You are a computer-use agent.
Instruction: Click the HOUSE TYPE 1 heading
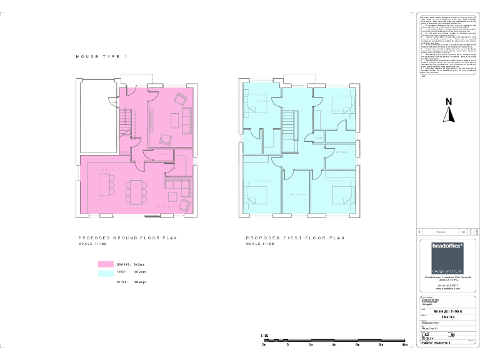tap(101, 57)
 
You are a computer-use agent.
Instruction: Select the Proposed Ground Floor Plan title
tap(128, 238)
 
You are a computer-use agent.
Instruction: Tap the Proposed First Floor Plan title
tap(295, 238)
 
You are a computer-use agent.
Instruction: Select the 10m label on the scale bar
tap(405, 344)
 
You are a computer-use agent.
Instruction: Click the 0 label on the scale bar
tap(287, 344)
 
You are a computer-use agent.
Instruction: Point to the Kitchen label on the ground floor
tap(102, 169)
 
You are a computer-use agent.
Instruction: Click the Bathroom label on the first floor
tap(341, 152)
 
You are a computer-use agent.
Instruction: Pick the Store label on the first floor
tap(318, 138)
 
